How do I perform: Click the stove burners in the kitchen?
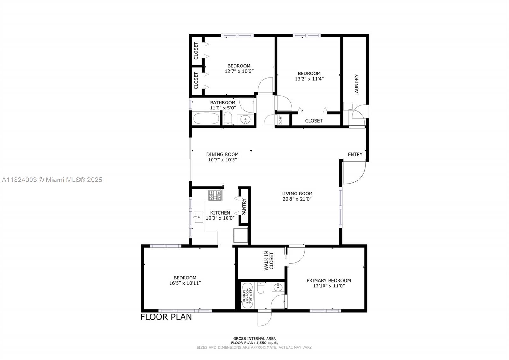click(215, 195)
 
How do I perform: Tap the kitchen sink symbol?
click(199, 217)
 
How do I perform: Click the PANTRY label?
click(244, 207)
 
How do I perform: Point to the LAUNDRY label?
click(356, 85)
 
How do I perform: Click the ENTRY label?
click(355, 154)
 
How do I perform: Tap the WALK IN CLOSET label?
click(269, 261)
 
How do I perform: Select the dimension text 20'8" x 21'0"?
click(297, 199)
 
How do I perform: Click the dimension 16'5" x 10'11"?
click(185, 283)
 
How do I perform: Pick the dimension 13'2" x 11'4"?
click(309, 79)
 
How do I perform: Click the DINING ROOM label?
click(222, 154)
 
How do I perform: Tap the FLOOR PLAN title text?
click(166, 317)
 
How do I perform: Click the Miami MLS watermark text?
click(52, 180)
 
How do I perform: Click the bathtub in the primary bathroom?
click(247, 296)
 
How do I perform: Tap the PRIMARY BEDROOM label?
click(329, 280)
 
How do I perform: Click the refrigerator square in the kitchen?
click(241, 235)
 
